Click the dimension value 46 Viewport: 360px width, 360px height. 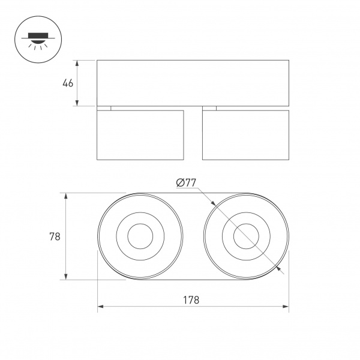[x=68, y=83]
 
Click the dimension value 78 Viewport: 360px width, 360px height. [x=54, y=236]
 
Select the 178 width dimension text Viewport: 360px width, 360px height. [x=192, y=299]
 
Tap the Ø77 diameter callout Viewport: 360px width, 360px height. [x=186, y=184]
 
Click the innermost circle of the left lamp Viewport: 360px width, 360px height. [x=140, y=236]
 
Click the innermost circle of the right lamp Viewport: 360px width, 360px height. [x=245, y=236]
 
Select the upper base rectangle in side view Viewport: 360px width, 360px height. [x=193, y=83]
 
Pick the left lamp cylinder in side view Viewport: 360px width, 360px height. [x=140, y=135]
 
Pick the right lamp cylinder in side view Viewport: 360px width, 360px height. [x=245, y=135]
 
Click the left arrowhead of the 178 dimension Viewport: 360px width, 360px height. [x=100, y=307]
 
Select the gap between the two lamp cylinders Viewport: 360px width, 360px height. [x=193, y=135]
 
